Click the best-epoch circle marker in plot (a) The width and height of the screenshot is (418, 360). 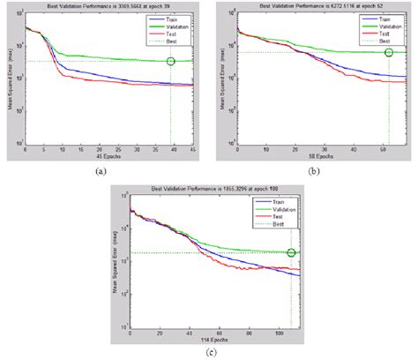170,61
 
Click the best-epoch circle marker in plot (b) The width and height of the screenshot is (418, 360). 389,53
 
